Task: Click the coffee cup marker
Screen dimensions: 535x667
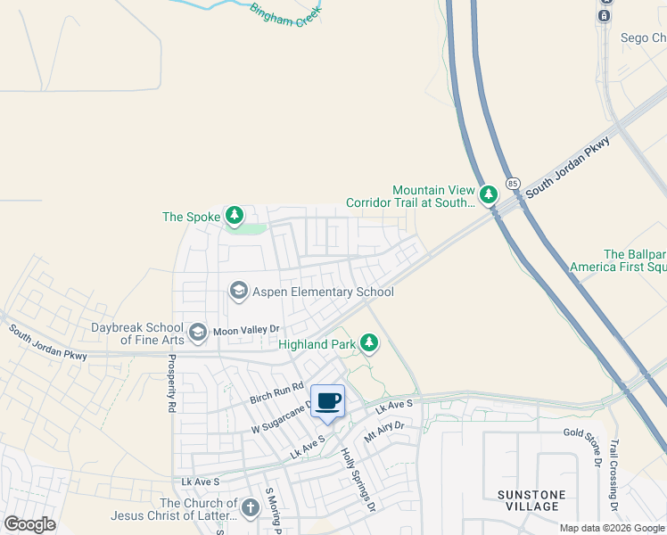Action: [327, 400]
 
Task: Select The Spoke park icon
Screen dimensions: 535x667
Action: [235, 216]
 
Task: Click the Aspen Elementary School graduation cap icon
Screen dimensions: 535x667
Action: [238, 291]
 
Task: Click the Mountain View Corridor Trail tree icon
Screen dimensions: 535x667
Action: [488, 194]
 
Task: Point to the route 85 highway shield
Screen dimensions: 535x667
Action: [513, 183]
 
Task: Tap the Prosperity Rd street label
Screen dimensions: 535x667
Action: [169, 383]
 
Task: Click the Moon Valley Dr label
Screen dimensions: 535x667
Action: [245, 330]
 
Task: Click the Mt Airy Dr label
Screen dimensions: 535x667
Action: [384, 432]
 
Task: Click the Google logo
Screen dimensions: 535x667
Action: [30, 524]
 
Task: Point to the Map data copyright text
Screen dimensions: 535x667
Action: [612, 529]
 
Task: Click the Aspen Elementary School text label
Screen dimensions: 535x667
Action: [324, 292]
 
